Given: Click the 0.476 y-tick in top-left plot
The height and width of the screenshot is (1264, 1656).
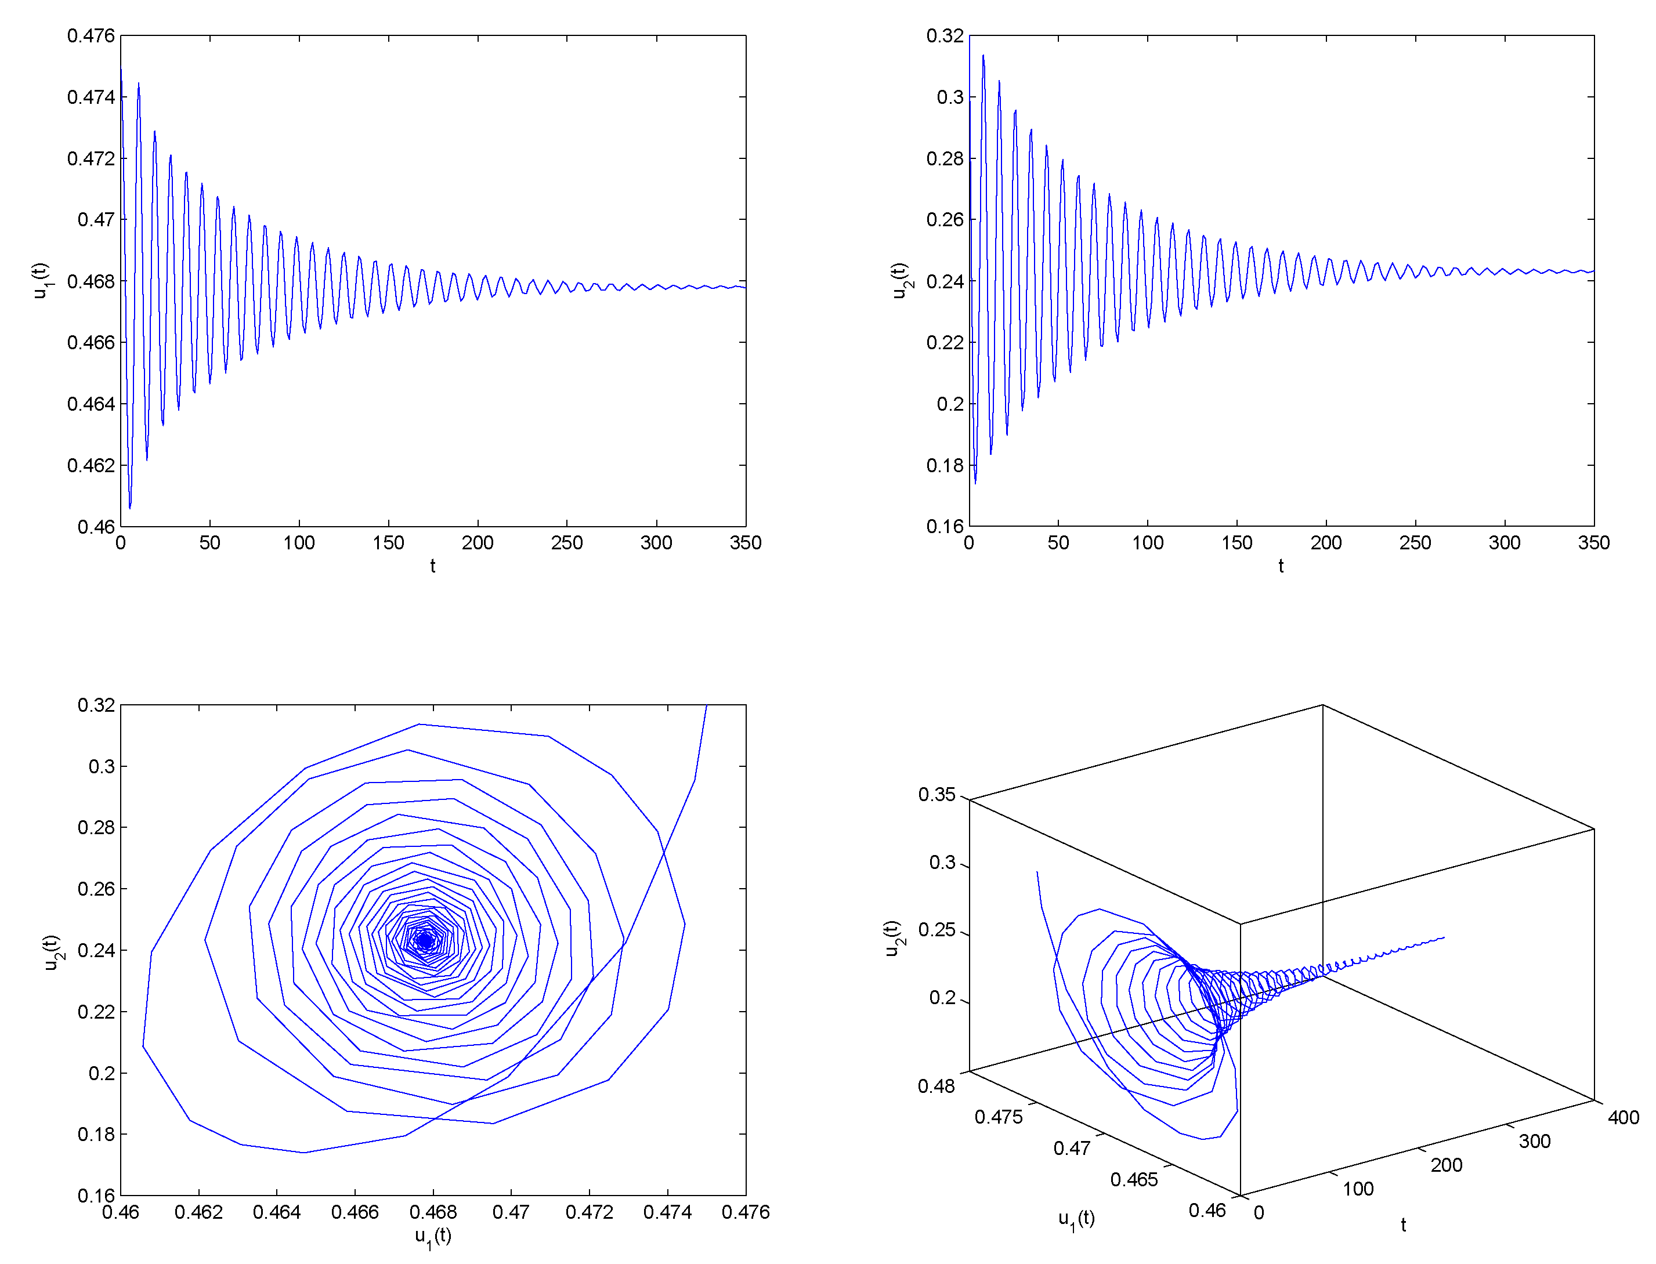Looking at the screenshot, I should point(91,35).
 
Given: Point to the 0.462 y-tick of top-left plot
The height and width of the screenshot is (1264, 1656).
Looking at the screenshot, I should point(91,465).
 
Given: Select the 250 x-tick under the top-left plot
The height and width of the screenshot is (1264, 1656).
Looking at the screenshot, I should point(566,542).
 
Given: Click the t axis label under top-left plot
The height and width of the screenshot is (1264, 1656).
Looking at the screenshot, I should point(433,566).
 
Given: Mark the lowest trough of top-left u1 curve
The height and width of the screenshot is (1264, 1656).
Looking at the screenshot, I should point(129,508).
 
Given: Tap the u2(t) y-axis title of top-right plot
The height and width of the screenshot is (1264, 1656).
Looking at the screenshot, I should point(898,281).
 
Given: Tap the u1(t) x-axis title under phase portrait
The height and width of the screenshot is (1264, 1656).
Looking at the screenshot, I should point(433,1236).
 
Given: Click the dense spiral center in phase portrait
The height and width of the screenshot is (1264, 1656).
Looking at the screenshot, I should point(426,940).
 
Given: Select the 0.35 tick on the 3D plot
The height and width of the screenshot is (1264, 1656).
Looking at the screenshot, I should point(936,795).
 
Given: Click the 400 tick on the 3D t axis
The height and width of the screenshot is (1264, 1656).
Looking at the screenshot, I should point(1623,1117).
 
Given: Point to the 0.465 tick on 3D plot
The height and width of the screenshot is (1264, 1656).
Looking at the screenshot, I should point(1133,1179).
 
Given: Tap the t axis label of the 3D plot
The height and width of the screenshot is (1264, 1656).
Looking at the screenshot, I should point(1403,1225).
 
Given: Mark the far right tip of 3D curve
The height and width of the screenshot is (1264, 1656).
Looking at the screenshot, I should point(1444,937).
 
